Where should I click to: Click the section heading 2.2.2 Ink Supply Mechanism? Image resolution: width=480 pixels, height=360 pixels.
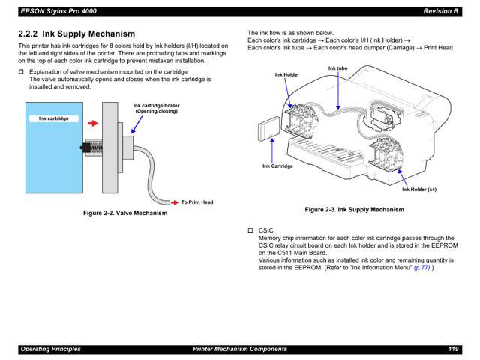77,34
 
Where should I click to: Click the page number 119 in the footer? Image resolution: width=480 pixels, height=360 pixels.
454,349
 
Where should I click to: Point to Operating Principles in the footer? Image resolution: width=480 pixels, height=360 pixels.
50,349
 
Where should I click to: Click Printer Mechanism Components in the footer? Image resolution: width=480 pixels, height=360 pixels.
240,349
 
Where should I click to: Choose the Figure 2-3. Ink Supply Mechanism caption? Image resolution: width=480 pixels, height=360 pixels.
354,210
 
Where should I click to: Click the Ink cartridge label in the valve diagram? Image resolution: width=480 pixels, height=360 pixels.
53,118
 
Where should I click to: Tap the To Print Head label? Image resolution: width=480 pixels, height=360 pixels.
197,202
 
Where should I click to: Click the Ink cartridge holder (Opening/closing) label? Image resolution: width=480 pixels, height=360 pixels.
156,108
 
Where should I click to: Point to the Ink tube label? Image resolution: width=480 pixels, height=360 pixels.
338,69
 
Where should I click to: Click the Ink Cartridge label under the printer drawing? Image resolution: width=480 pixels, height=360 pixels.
277,166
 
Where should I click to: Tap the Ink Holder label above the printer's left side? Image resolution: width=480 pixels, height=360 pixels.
286,75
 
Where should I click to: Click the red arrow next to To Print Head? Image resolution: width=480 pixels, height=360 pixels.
172,202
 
